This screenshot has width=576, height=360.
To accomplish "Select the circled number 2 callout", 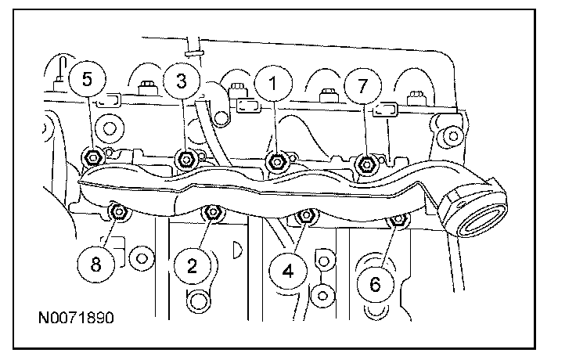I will click(191, 266).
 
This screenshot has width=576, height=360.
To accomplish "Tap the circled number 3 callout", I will click(181, 81).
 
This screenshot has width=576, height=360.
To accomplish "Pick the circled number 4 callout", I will click(287, 272).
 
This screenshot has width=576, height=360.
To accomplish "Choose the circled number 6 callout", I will click(375, 285).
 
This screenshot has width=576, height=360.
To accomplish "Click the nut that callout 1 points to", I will click(275, 162).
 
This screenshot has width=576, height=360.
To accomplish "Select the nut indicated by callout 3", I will click(185, 160).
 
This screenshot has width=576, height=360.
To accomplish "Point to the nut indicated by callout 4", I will click(307, 216).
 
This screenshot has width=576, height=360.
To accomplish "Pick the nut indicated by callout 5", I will click(92, 157).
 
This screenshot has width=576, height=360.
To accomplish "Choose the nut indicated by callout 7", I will click(365, 164).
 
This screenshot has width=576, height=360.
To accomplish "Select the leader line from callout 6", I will click(386, 249).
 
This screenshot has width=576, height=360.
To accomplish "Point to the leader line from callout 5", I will click(89, 121).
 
